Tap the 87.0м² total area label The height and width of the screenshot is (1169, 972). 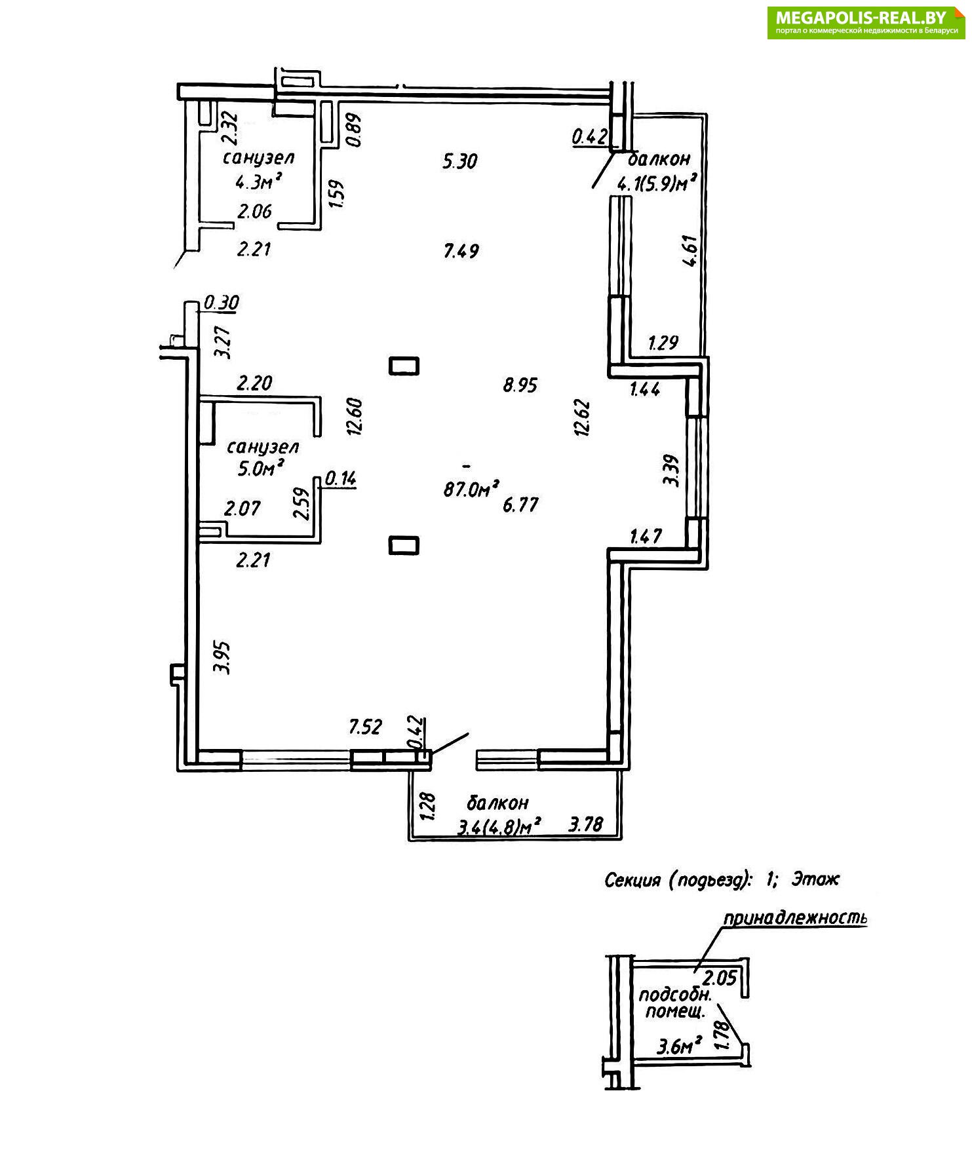coord(471,489)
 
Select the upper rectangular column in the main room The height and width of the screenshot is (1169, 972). coord(404,366)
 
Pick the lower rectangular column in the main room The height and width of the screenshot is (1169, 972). coord(404,545)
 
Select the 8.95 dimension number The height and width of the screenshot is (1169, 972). coord(520,385)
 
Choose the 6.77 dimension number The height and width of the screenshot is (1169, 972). coord(520,505)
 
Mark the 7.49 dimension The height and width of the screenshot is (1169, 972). coord(461,251)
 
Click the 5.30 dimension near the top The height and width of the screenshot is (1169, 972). coord(460,161)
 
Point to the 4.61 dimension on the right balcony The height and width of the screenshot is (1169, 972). coord(691,251)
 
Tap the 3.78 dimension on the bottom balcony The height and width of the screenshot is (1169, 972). coord(585,824)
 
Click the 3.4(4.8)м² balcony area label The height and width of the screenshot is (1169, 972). coord(499,827)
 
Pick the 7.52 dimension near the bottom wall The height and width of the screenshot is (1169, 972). coord(365,727)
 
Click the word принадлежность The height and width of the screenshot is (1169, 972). coord(795,918)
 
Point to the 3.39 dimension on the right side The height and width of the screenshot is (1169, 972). coord(671,470)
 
